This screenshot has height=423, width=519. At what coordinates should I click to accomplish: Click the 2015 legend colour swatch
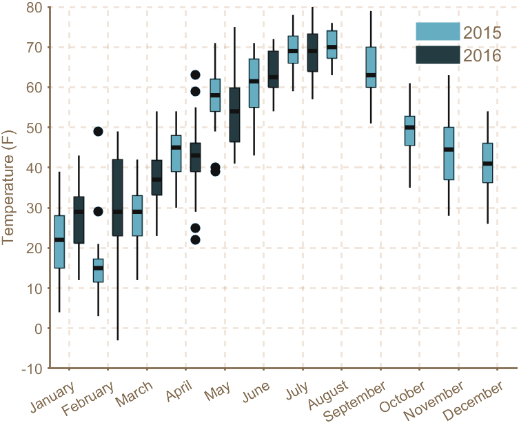[x=438, y=32]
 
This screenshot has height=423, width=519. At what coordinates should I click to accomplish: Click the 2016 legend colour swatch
[x=438, y=55]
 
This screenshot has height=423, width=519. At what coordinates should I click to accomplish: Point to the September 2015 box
[x=371, y=67]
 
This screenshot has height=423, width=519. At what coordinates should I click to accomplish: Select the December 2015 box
[x=487, y=163]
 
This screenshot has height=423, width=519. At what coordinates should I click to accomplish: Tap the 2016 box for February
[x=117, y=197]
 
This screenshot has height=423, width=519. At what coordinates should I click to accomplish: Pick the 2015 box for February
[x=98, y=270]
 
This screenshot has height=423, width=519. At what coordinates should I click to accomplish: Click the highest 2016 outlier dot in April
[x=195, y=75]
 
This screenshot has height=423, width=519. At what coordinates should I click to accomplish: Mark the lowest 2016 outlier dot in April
[x=195, y=239]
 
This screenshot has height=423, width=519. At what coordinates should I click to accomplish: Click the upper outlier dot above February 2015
[x=98, y=132]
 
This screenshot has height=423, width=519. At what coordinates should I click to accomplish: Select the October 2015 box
[x=409, y=130]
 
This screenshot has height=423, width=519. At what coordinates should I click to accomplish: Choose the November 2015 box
[x=449, y=153]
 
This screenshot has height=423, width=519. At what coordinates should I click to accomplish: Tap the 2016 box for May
[x=234, y=115]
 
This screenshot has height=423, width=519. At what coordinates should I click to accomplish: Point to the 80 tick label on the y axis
[x=34, y=8]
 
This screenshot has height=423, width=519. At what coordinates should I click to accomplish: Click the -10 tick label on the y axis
[x=32, y=368]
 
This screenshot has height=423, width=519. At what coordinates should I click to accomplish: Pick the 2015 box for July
[x=293, y=50]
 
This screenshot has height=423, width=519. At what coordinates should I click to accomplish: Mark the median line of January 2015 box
[x=59, y=239]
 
